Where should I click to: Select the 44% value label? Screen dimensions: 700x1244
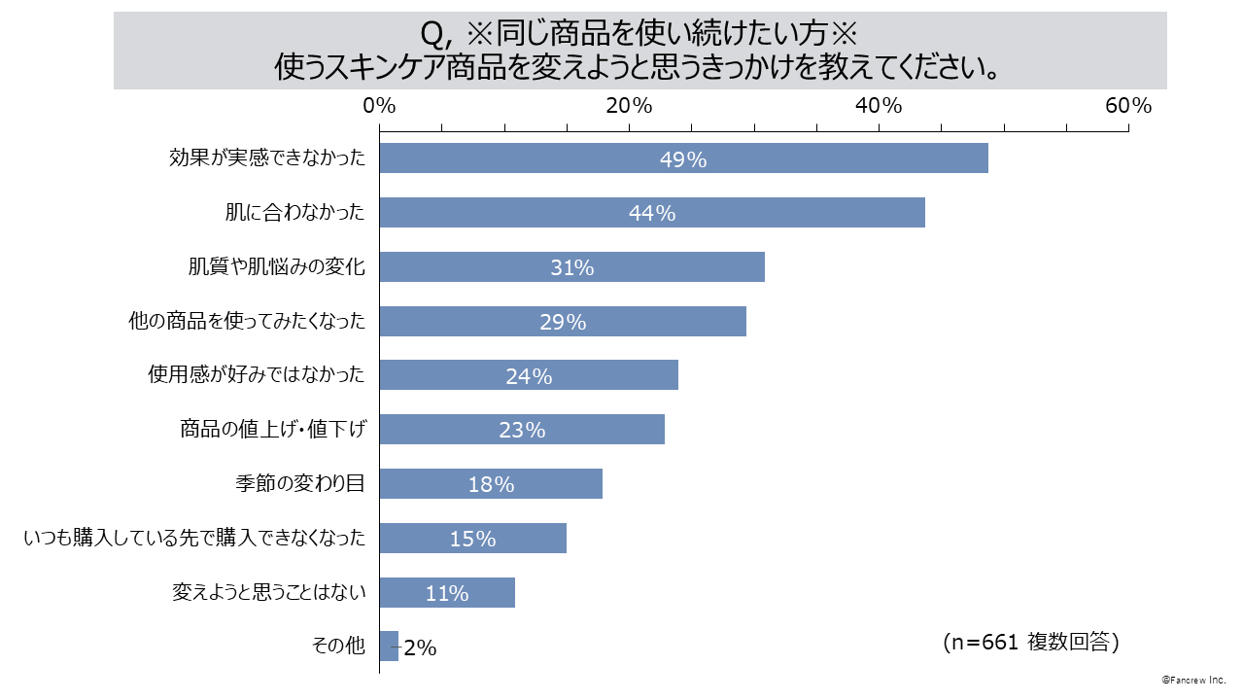tap(652, 214)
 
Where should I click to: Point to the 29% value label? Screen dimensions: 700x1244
tap(563, 323)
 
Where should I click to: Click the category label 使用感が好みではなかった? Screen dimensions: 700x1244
tap(257, 375)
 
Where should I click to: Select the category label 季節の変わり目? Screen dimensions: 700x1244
tap(299, 483)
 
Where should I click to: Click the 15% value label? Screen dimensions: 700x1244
tap(472, 539)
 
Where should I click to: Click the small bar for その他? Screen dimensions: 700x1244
tap(389, 647)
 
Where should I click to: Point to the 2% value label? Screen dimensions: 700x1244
tap(420, 647)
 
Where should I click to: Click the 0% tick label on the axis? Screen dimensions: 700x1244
tap(379, 106)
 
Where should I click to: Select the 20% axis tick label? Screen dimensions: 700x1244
tap(629, 106)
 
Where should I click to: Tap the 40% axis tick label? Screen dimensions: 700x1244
tap(879, 106)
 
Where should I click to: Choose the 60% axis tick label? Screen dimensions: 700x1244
tap(1128, 106)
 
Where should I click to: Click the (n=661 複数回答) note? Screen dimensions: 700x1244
tap(1031, 642)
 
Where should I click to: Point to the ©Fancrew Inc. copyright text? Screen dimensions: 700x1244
tap(1193, 681)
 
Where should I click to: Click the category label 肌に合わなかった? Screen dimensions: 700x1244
tap(294, 213)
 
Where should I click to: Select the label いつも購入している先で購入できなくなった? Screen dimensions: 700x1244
tap(194, 538)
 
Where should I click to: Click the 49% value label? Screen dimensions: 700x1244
tap(683, 159)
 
